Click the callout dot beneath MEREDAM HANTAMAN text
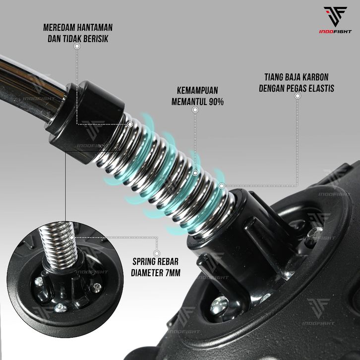77,46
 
